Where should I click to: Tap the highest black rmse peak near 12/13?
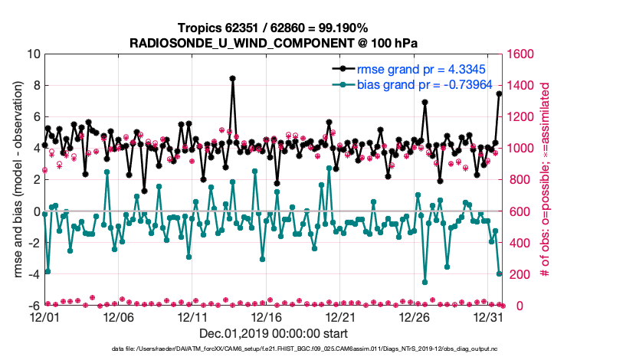232,78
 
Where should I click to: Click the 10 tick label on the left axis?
34,54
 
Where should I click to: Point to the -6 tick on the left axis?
34,306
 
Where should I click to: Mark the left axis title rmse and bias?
18,180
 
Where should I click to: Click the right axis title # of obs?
546,180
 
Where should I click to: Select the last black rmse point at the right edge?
500,93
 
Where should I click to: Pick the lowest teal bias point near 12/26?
425,282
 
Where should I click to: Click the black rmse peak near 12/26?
425,103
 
